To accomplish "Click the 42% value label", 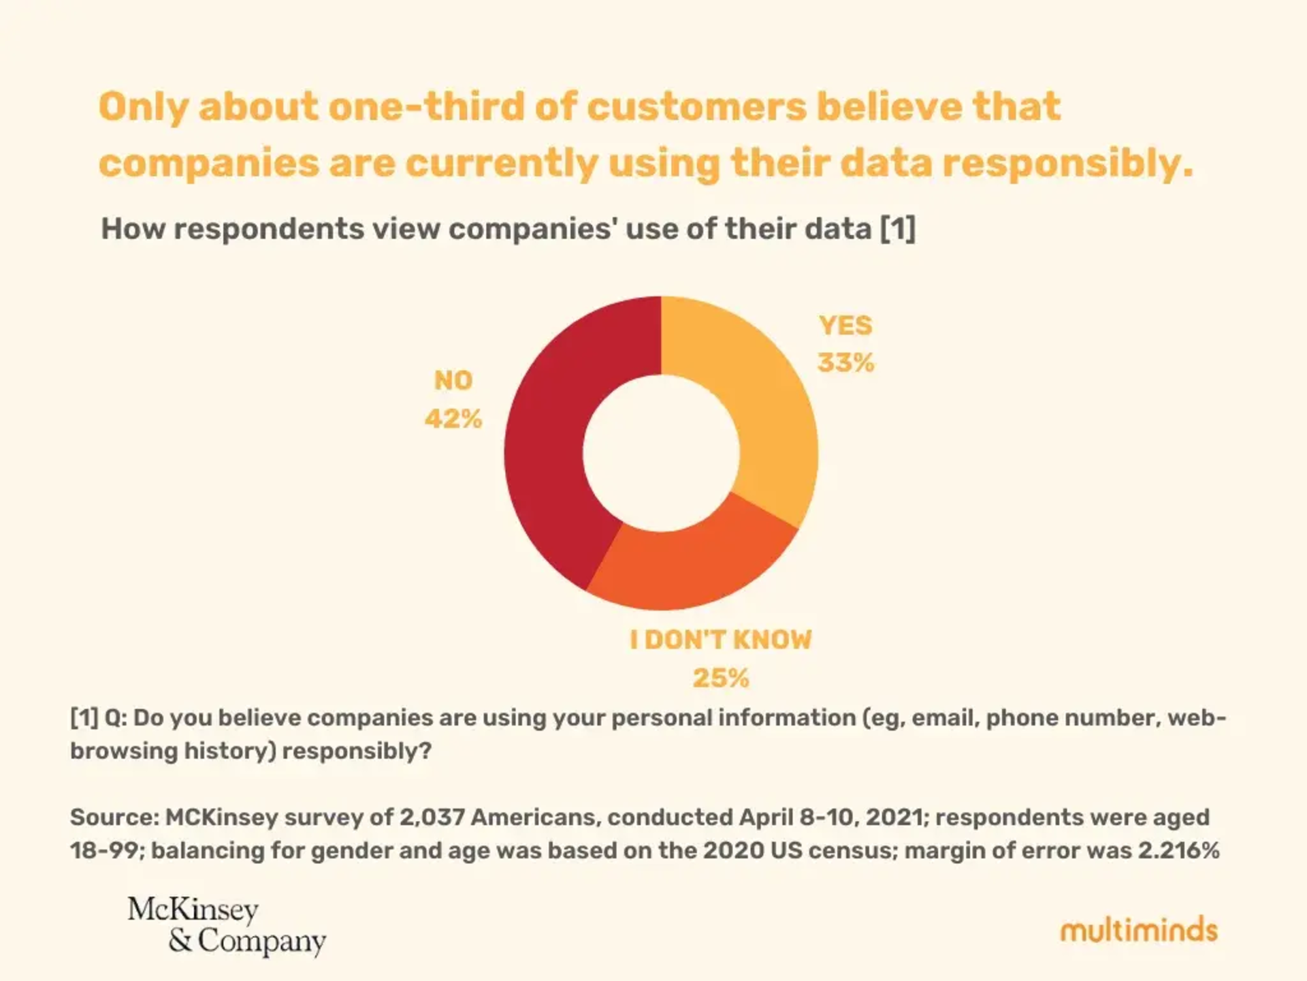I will (453, 418).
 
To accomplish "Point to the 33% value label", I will (845, 362).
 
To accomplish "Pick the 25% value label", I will (721, 678).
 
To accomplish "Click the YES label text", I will (845, 326).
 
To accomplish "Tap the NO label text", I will (453, 380).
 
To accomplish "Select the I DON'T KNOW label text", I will (721, 640).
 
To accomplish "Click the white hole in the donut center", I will (661, 453).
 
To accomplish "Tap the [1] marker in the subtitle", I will (897, 228).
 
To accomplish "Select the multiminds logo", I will (1138, 931).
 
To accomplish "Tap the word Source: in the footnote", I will (114, 817).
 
